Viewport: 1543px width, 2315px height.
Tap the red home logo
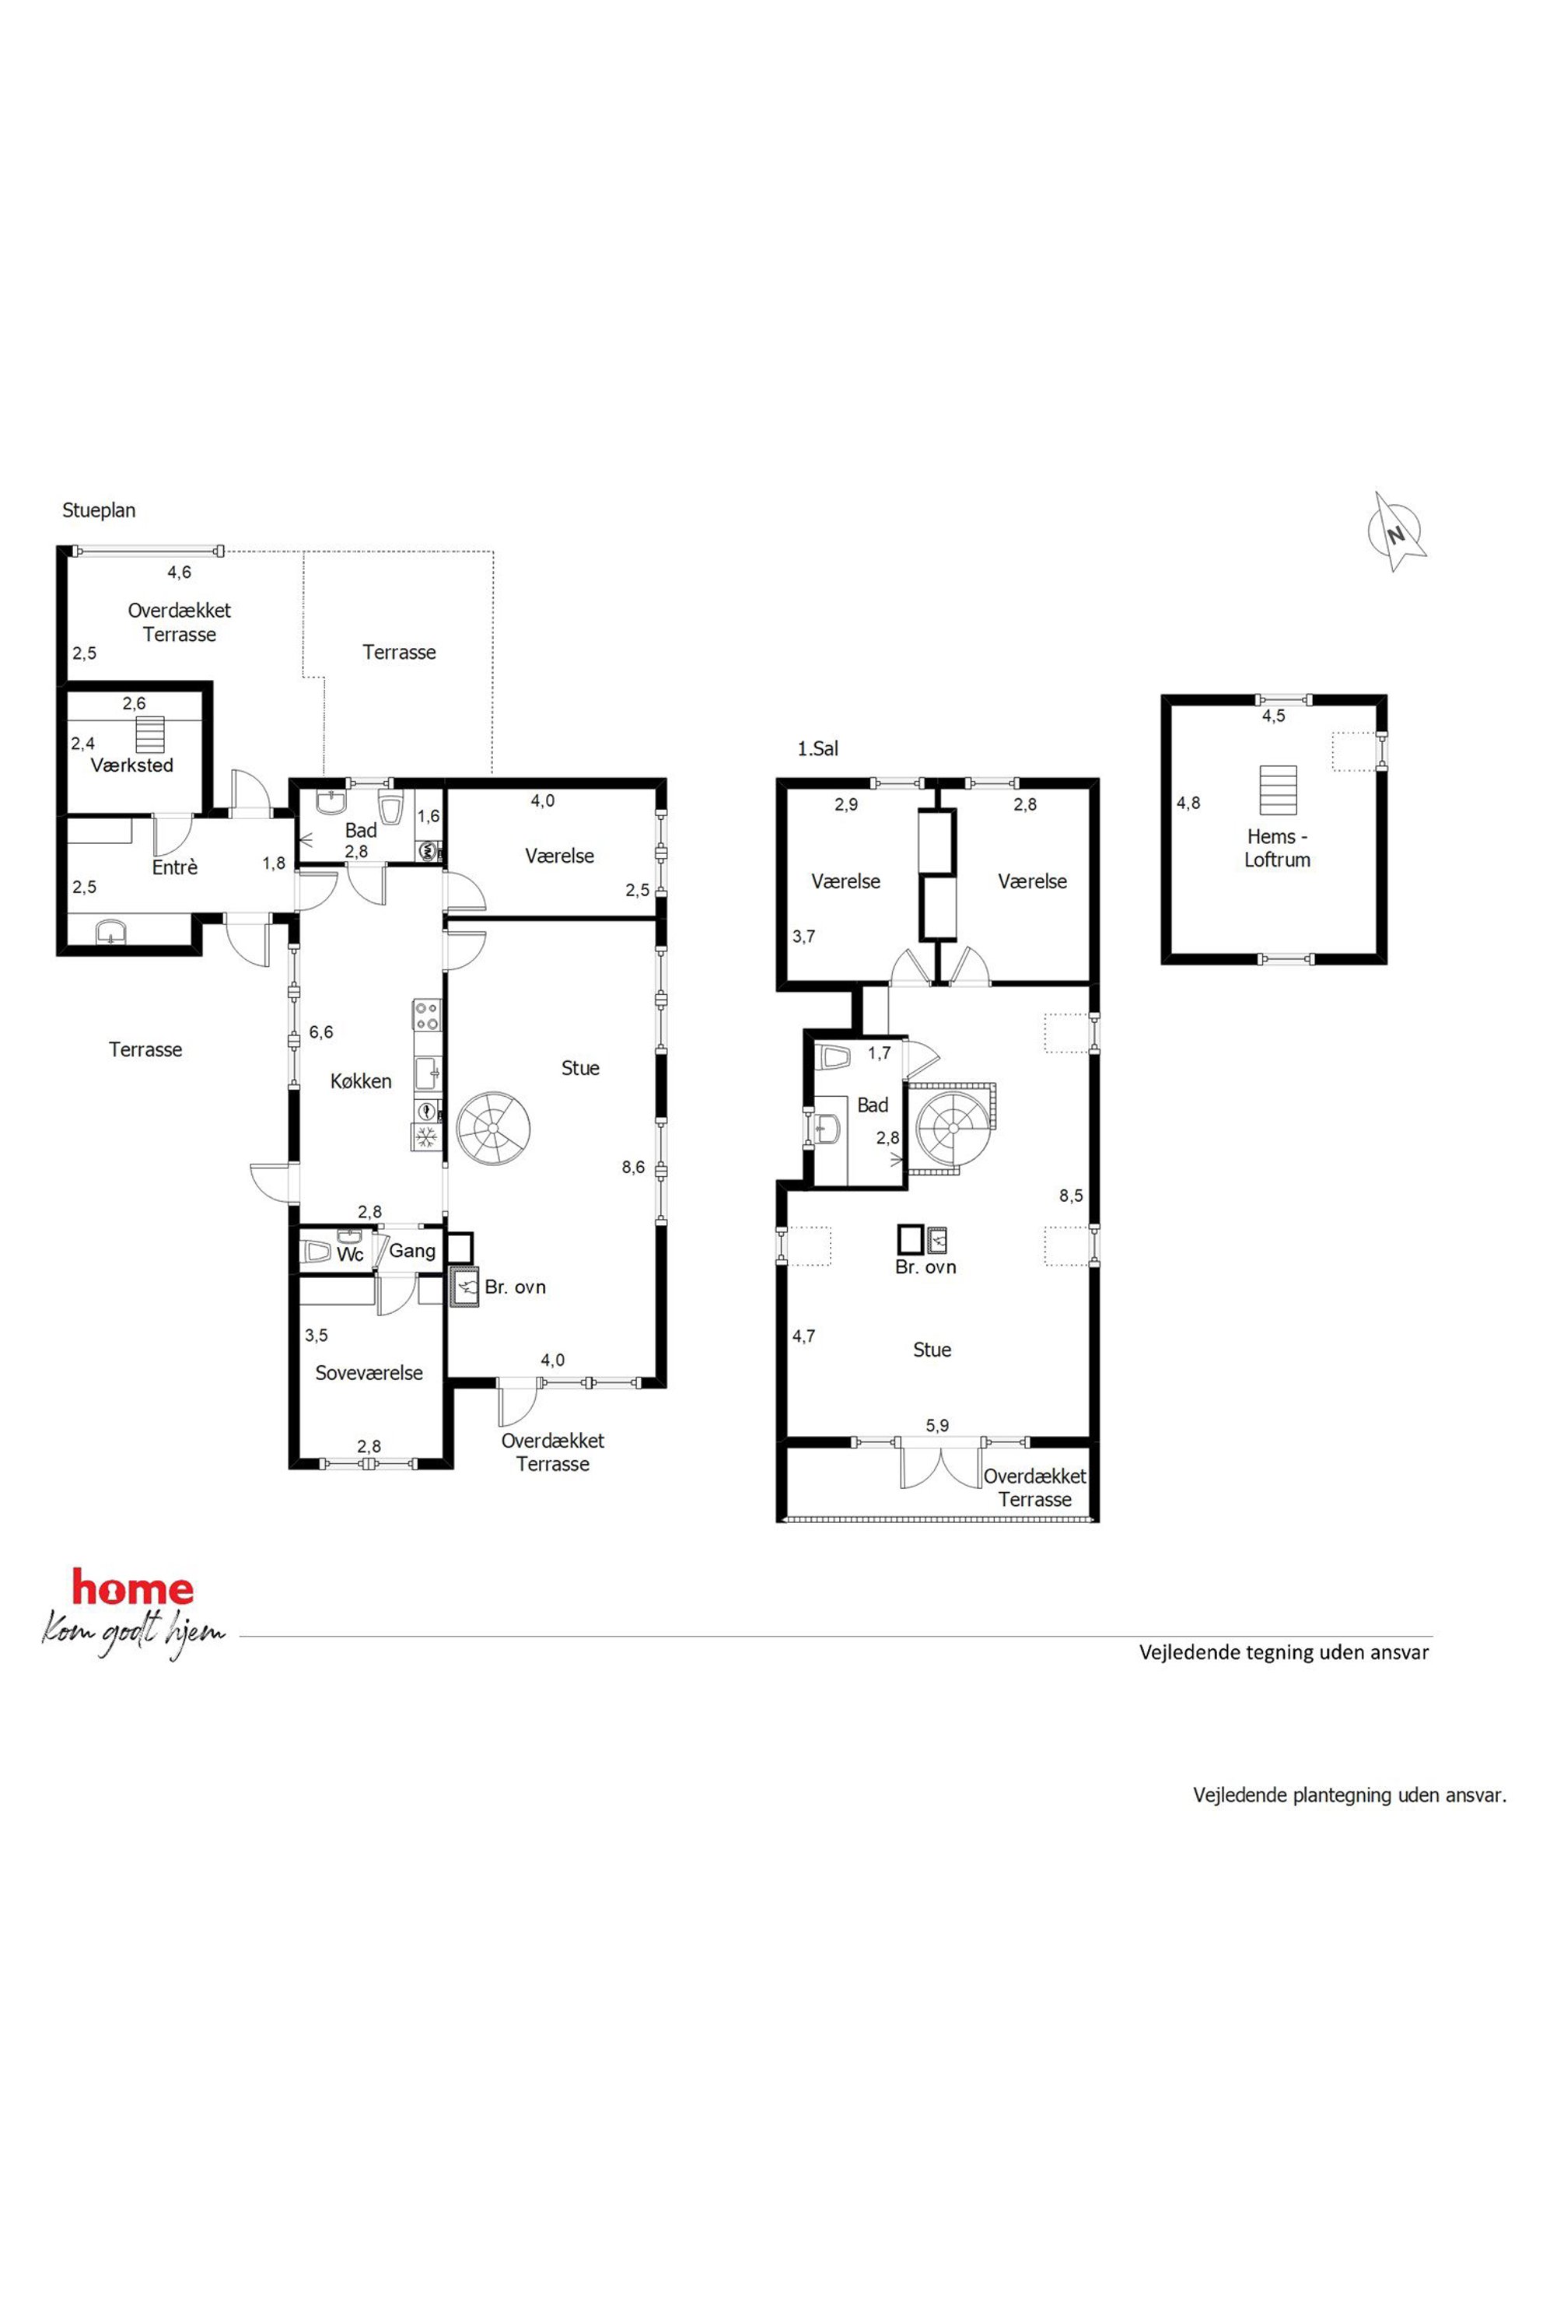[x=133, y=1588]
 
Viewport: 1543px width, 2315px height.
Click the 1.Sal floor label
[x=817, y=748]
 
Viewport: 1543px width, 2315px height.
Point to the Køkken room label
[x=360, y=1080]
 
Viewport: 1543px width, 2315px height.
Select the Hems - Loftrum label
[x=1277, y=847]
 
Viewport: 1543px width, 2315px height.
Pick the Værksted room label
[x=132, y=765]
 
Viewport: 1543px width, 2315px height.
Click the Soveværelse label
[x=369, y=1372]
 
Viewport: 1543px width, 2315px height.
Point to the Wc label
[x=350, y=1254]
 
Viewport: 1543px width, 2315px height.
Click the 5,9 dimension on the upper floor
[x=938, y=1425]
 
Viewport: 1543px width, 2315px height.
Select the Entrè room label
[x=175, y=867]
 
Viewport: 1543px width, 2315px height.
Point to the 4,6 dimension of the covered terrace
[x=179, y=572]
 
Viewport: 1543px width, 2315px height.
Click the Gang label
[x=412, y=1251]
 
